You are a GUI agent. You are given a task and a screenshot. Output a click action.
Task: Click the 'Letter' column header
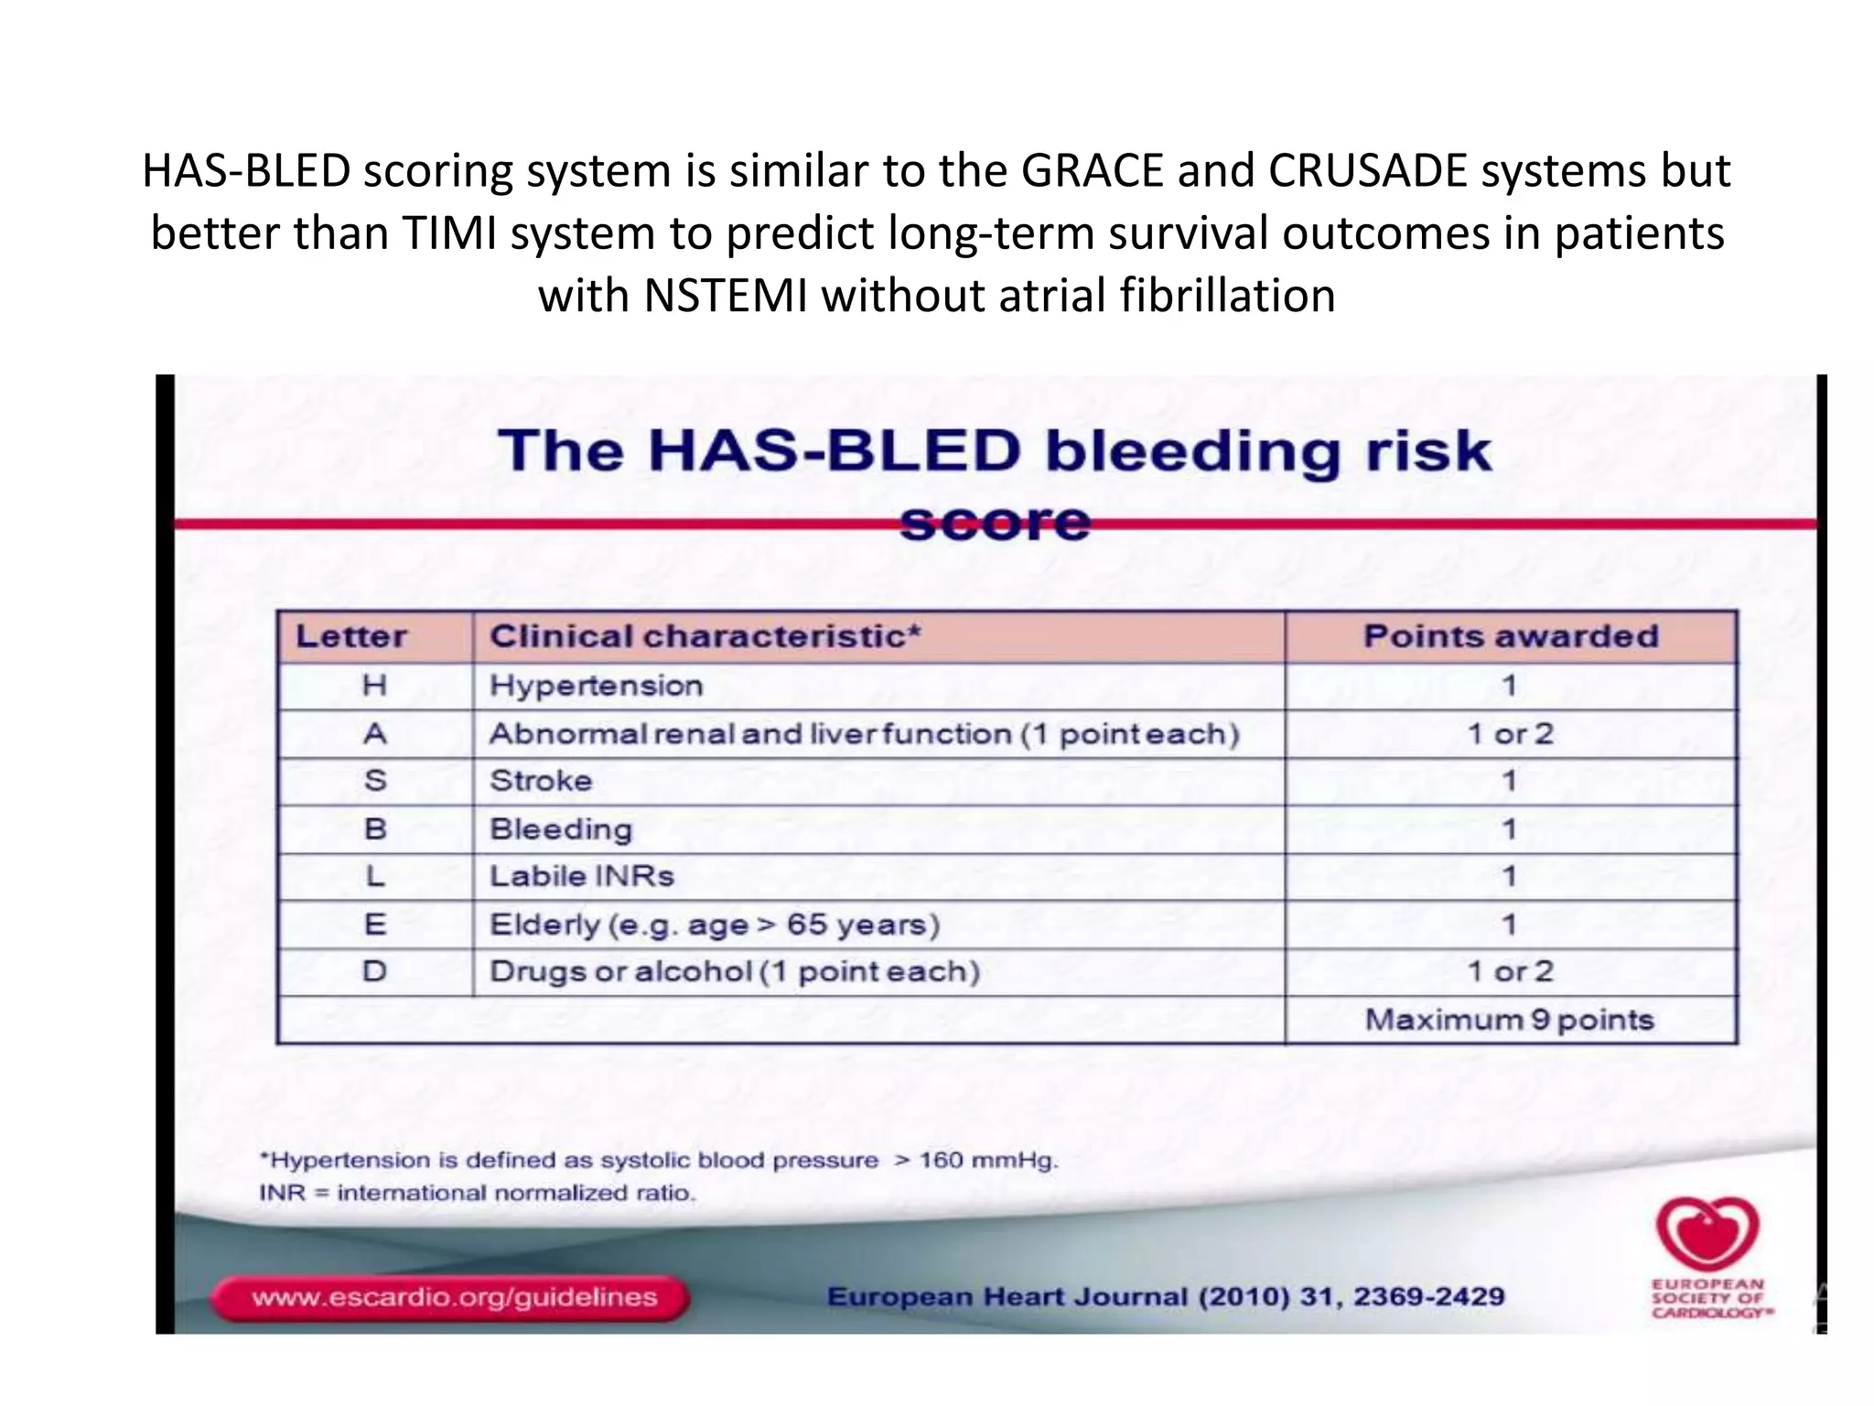click(x=351, y=636)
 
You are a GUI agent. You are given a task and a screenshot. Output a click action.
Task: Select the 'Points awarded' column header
click(x=1511, y=636)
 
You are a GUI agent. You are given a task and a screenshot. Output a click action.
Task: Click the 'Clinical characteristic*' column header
click(x=705, y=636)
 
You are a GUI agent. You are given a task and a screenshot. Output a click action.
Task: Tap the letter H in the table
click(x=374, y=686)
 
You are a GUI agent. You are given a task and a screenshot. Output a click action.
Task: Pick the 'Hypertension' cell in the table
click(x=596, y=686)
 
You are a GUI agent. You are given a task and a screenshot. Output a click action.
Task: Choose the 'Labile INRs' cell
click(x=582, y=876)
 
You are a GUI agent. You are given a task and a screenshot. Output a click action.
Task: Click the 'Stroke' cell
click(x=541, y=781)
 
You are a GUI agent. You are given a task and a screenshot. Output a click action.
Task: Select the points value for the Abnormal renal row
click(x=1510, y=733)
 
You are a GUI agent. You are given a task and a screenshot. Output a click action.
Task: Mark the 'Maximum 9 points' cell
click(x=1510, y=1020)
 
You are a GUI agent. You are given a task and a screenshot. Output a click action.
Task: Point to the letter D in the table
click(x=374, y=971)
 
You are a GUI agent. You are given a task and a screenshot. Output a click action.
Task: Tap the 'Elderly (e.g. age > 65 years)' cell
click(x=715, y=925)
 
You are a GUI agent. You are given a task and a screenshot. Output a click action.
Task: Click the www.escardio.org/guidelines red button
click(x=452, y=1297)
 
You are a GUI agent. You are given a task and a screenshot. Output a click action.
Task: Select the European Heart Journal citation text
click(x=1165, y=1297)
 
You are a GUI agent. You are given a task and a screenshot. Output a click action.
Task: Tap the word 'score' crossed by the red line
click(x=995, y=523)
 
